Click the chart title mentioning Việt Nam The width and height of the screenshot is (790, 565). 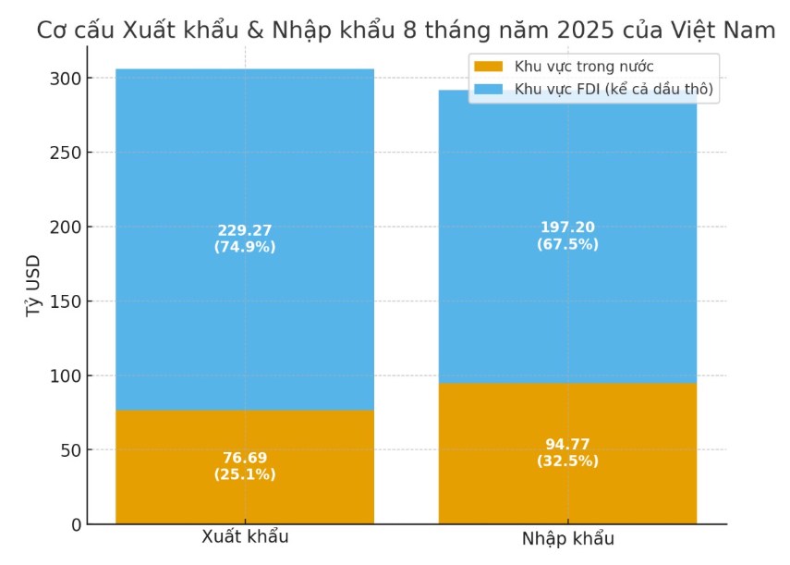coord(407,30)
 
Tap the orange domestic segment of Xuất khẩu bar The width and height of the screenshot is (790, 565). coord(245,490)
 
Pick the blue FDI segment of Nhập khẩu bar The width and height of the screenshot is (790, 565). coord(567,305)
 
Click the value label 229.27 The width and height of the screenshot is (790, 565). coord(245,230)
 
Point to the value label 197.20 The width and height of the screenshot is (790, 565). coord(567,227)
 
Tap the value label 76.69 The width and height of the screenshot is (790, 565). coord(245,458)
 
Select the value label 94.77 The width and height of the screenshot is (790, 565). coord(567,444)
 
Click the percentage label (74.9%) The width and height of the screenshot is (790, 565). coord(245,247)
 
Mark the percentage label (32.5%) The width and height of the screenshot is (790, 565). coord(567,461)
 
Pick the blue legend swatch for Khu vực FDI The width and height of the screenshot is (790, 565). coord(488,90)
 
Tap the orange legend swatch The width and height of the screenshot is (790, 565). coord(488,67)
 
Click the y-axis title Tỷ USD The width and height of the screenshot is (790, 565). coord(33,288)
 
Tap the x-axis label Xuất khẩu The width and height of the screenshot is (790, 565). coord(245,537)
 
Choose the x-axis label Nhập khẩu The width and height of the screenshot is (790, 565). coord(567,539)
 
